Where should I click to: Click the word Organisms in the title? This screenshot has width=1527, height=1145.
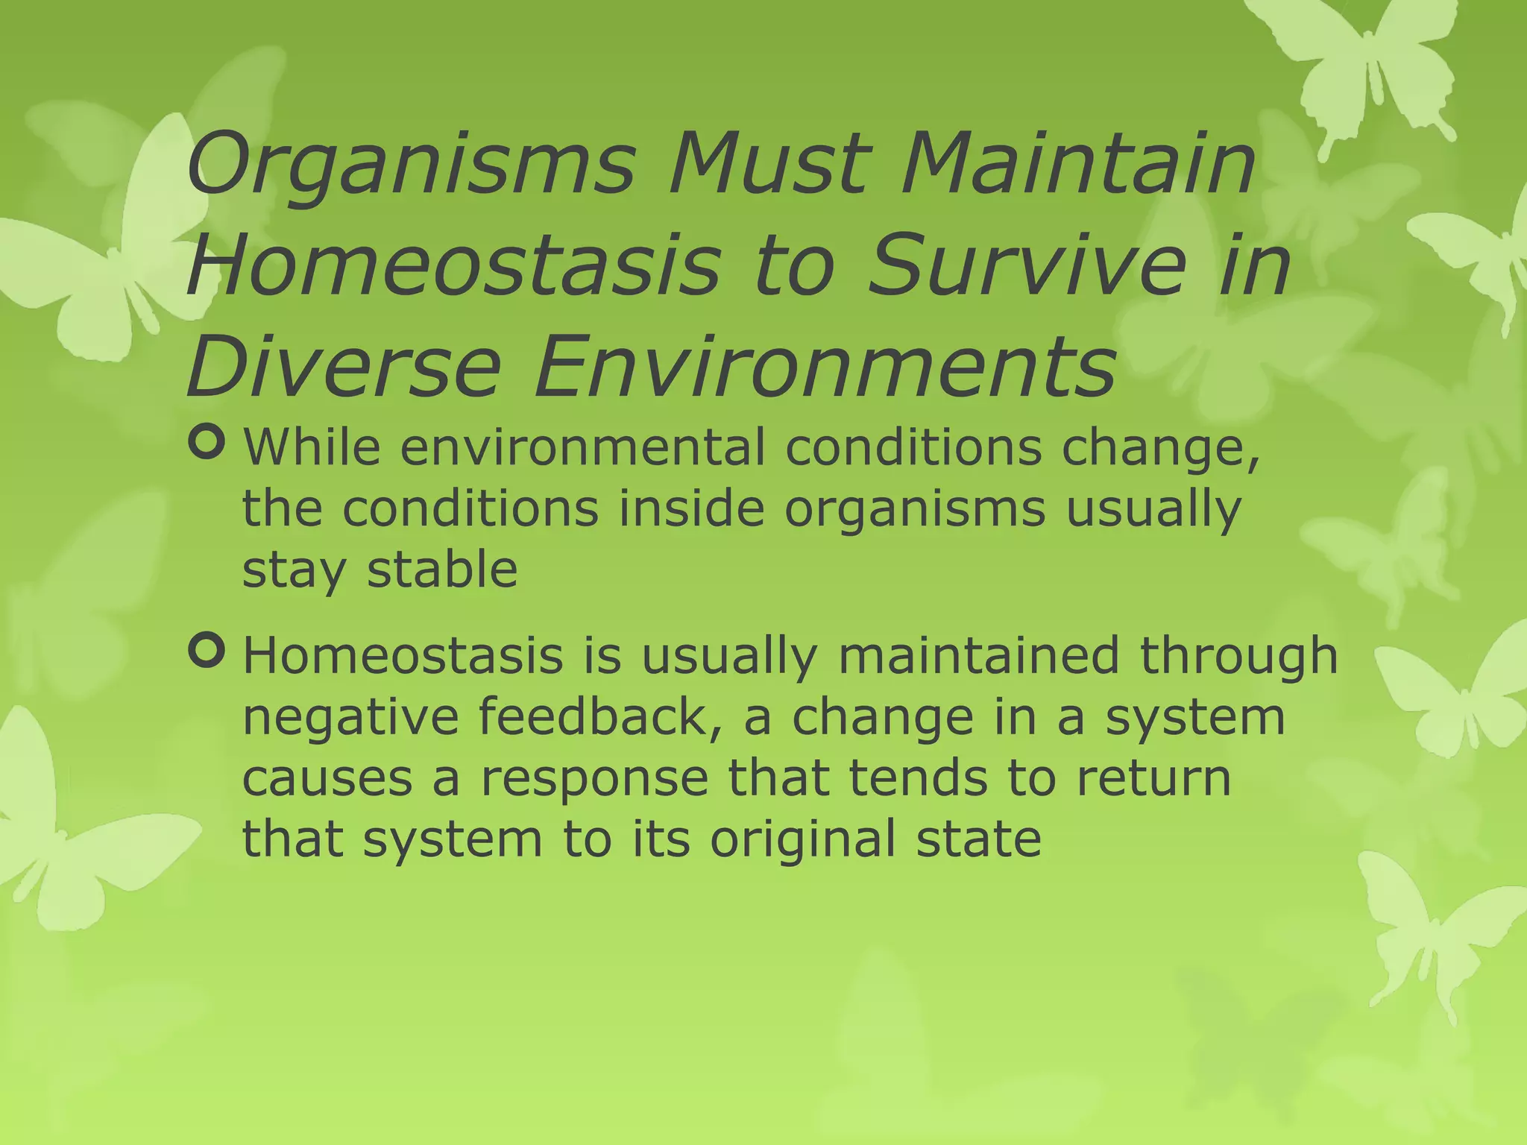(x=411, y=165)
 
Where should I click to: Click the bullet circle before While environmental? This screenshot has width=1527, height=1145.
(x=207, y=443)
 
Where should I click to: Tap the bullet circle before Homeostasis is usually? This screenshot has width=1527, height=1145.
(x=207, y=651)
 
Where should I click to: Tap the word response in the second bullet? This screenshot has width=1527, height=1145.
(x=594, y=780)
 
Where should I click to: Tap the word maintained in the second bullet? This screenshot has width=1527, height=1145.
(x=978, y=656)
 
